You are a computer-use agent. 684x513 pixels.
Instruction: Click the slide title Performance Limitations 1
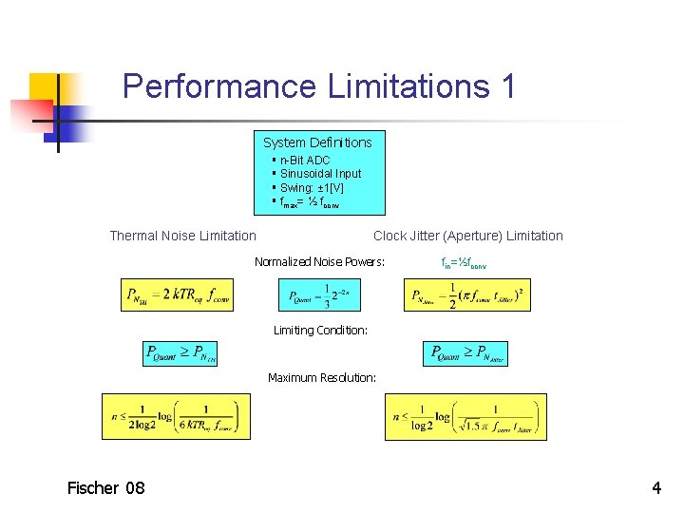tap(319, 86)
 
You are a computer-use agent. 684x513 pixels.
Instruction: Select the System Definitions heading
tap(317, 142)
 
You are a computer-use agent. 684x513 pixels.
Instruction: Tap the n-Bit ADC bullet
tap(305, 161)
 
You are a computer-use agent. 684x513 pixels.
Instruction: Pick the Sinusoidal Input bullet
tap(320, 174)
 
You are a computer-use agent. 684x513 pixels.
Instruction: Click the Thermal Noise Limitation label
tap(182, 236)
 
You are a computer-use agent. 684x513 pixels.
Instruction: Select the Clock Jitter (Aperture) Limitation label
tap(467, 236)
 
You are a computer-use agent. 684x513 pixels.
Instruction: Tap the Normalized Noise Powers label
tap(319, 261)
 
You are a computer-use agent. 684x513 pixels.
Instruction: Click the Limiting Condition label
tap(320, 331)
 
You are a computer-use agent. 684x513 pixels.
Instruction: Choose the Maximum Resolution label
tap(321, 378)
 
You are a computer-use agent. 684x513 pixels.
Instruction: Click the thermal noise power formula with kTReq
tap(178, 295)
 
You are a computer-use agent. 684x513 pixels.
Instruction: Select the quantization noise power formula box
tap(320, 295)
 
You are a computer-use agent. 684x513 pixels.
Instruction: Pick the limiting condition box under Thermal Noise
tap(180, 353)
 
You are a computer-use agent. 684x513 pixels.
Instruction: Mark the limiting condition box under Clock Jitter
tap(465, 353)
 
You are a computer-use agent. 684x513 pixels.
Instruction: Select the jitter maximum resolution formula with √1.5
tap(465, 416)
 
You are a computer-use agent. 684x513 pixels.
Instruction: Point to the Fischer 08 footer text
tap(106, 488)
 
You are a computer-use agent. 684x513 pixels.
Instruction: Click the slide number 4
tap(655, 488)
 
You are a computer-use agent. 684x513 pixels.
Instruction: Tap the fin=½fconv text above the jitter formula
tap(464, 262)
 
